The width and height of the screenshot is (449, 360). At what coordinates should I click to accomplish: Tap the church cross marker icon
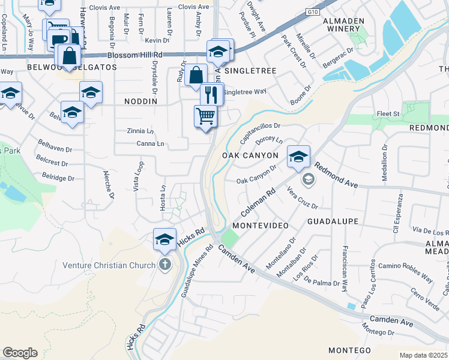pos(164,265)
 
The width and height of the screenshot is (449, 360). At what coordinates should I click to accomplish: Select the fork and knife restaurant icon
pos(211,94)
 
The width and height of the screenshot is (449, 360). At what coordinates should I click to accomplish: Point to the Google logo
pos(20,353)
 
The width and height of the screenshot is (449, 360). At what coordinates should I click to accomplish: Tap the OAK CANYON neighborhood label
pos(250,155)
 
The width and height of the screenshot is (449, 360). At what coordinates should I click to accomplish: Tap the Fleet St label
pos(388,113)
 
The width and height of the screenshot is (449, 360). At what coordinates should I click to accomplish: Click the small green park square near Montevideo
pos(229,239)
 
